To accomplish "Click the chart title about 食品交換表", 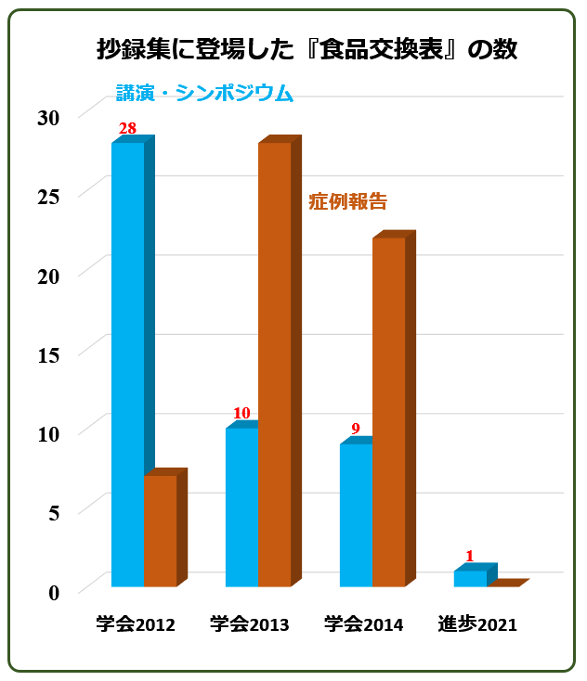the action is click(307, 48).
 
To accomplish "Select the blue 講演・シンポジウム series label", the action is click(204, 93).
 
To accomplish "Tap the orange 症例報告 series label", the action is click(348, 201).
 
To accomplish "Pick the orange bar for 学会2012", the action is click(165, 527).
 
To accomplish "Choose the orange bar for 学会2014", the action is click(394, 408).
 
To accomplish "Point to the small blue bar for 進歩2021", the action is click(476, 575).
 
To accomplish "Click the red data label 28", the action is click(127, 129).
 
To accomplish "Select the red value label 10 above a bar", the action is click(241, 413).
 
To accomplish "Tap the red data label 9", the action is click(356, 429).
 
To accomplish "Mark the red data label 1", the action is click(470, 556).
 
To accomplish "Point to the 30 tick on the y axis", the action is click(48, 118).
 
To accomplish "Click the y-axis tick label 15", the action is click(48, 355).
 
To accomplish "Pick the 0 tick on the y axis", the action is click(54, 593).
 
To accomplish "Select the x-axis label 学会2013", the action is click(250, 624).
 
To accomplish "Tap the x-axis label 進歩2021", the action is click(477, 624).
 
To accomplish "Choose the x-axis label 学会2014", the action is click(363, 624).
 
